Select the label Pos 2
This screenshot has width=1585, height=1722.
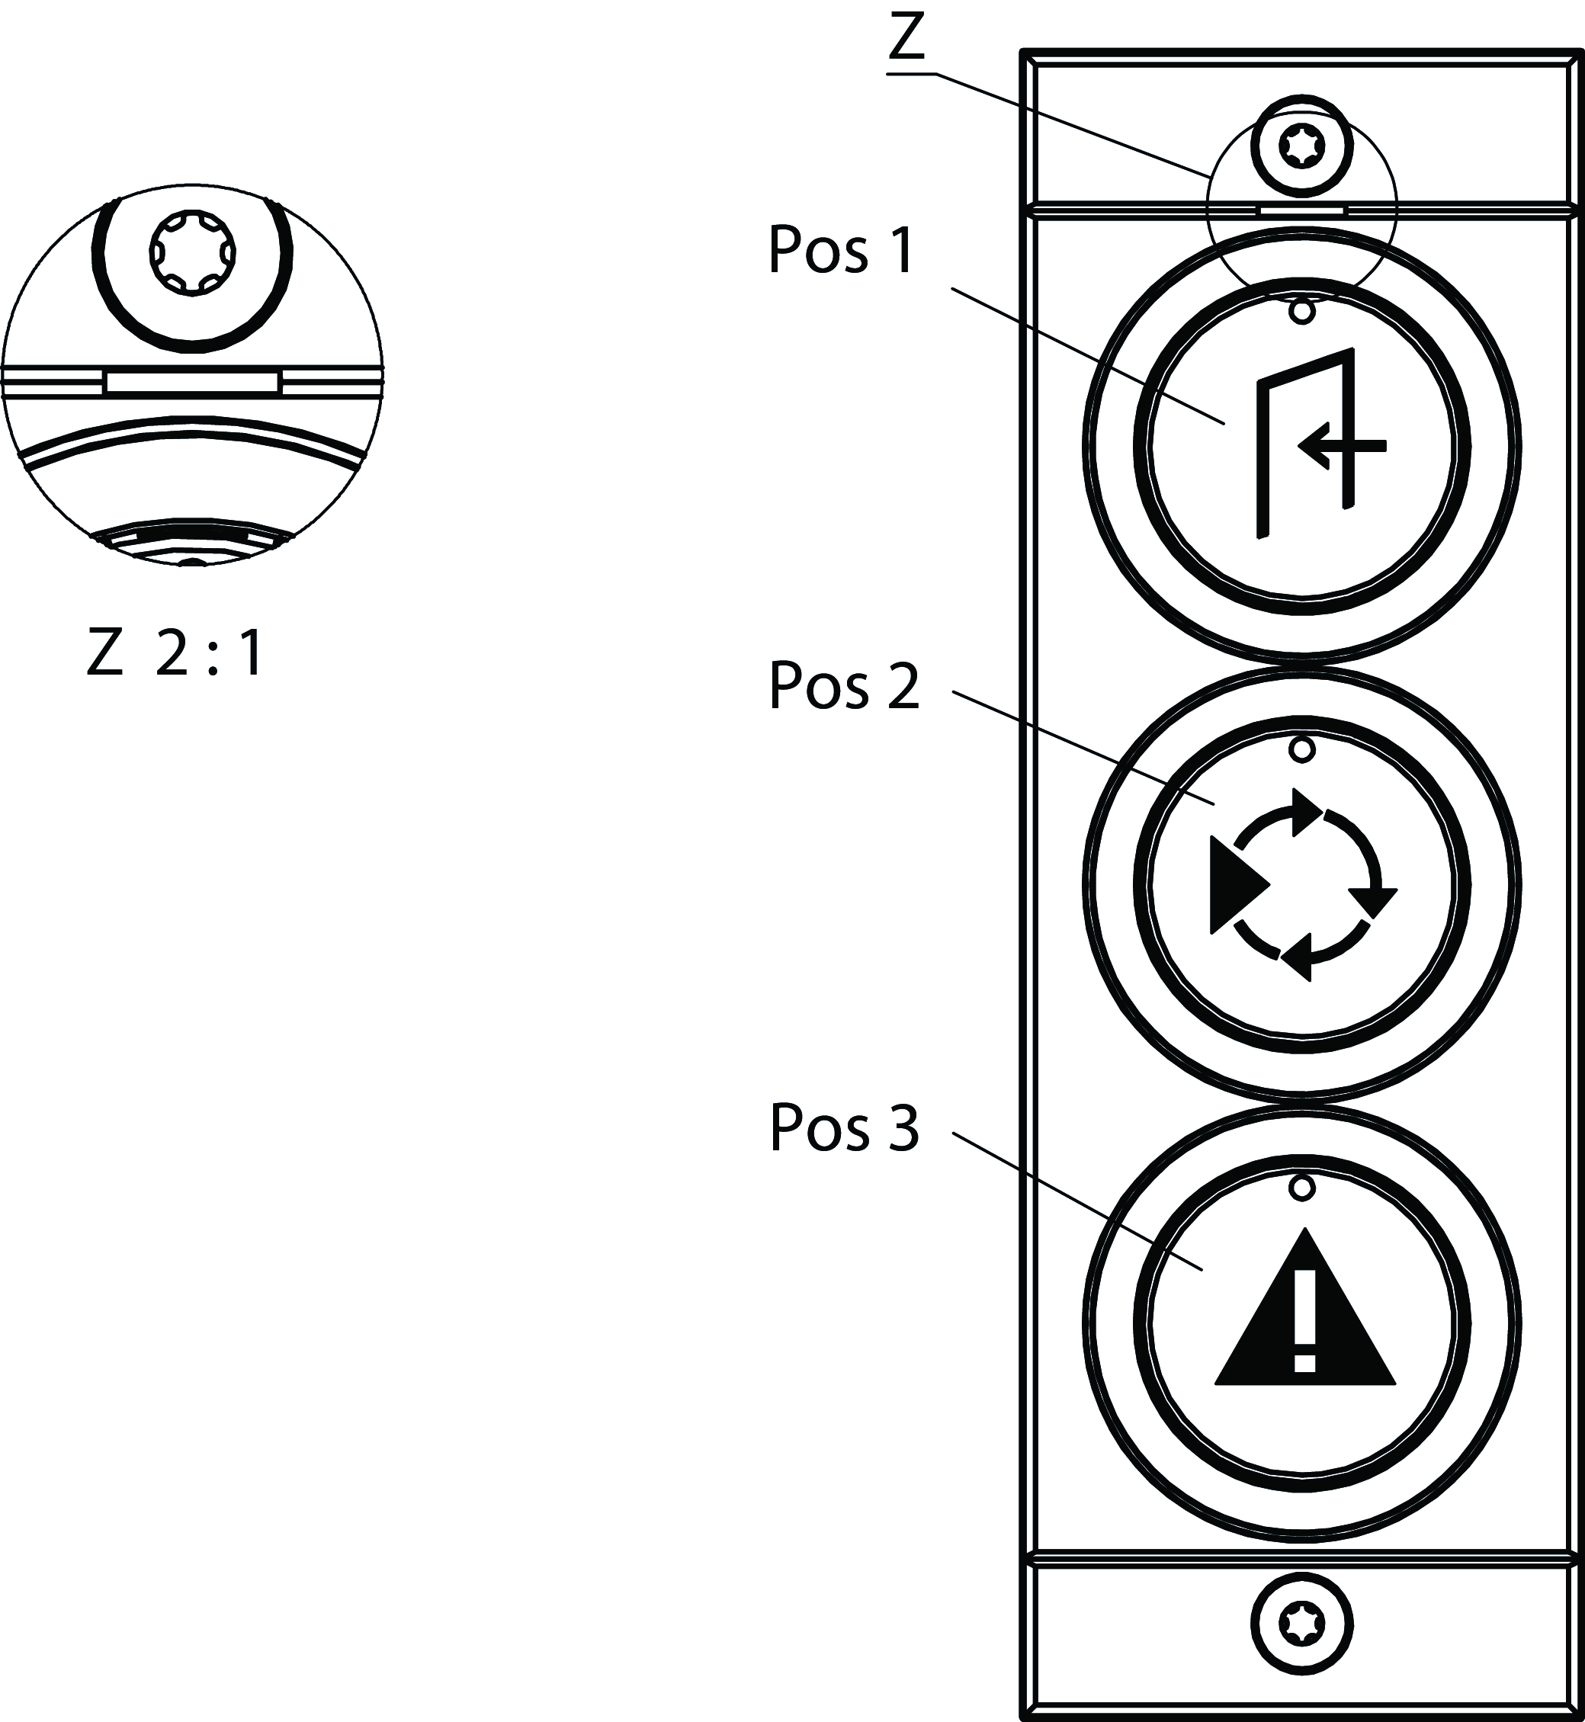[x=844, y=685]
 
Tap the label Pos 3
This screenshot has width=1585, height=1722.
[x=844, y=1127]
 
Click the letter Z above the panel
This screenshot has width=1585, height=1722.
[x=906, y=39]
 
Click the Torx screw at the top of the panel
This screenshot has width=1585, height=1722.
[x=1302, y=146]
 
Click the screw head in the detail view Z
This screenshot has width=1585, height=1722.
[x=192, y=255]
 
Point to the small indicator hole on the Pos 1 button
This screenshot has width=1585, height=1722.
[x=1302, y=311]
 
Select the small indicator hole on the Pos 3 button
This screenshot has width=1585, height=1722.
[x=1302, y=1188]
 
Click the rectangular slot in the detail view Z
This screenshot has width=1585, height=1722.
[x=191, y=383]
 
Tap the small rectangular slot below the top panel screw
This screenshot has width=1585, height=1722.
[x=1301, y=208]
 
